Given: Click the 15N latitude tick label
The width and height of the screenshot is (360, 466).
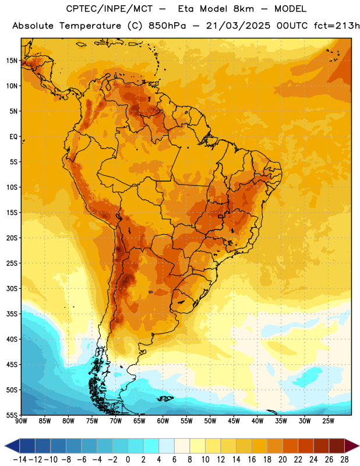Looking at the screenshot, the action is [12, 61].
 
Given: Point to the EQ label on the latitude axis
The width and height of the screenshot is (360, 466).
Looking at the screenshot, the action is [13, 137].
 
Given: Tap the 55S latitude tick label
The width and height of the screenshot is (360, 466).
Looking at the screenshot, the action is [12, 415].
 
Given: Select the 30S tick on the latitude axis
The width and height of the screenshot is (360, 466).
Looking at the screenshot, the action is [12, 288].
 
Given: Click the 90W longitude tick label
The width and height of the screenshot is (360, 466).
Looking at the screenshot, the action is [22, 421].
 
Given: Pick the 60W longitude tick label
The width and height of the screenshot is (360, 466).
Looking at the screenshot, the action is [163, 421].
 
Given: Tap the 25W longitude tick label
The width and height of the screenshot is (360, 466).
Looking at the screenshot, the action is [328, 421].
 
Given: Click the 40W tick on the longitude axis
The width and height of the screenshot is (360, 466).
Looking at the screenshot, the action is [257, 421].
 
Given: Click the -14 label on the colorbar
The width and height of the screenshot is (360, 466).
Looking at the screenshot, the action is [20, 460].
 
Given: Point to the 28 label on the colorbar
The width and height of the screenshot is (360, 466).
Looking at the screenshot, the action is [344, 460].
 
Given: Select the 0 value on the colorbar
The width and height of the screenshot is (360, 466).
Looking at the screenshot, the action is [128, 460].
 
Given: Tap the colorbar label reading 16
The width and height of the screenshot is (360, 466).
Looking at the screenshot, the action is [252, 460].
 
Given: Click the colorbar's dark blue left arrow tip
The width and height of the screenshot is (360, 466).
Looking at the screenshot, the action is [5, 446].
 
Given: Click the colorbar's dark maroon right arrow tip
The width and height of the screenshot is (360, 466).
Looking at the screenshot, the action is [359, 446].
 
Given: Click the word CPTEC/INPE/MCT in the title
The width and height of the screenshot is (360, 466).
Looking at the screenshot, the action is [110, 9].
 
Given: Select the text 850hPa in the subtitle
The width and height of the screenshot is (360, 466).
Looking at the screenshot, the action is [167, 26].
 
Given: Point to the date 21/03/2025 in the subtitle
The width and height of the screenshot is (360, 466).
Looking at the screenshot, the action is [238, 26].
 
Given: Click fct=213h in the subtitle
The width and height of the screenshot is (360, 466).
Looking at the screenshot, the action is [337, 26].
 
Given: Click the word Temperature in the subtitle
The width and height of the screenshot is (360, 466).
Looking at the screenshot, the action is [90, 26].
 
